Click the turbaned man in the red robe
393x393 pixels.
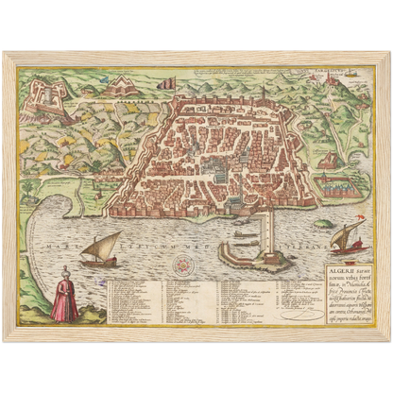65,299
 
